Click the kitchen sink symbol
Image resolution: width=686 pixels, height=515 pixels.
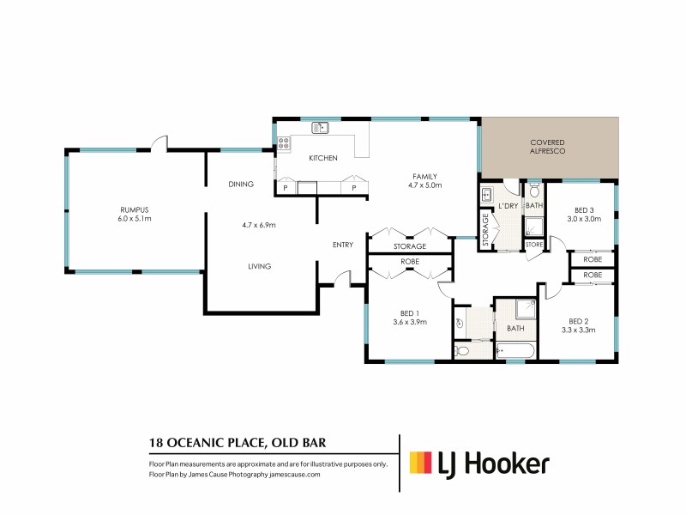pos(321,129)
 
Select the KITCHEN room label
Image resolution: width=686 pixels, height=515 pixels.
pos(323,158)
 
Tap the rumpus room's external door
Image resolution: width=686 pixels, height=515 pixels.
pos(156,142)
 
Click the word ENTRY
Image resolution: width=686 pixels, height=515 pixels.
pos(343,245)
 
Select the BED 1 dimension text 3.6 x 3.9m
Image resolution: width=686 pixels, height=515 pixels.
pos(409,322)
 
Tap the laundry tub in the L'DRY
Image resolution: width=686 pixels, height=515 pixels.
pos(485,193)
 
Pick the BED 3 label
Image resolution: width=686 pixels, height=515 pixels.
pos(584,209)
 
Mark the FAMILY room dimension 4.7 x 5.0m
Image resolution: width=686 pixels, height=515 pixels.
pos(424,185)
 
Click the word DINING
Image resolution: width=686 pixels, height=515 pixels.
pos(240,185)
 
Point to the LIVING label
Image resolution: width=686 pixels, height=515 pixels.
pos(258,266)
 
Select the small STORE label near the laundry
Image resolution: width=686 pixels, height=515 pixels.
pos(533,245)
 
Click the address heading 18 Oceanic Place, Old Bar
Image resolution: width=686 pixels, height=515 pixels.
pos(237,443)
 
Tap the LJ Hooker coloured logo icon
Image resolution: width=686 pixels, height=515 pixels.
pos(420,463)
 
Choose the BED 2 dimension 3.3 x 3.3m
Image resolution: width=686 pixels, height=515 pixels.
pos(580,329)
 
